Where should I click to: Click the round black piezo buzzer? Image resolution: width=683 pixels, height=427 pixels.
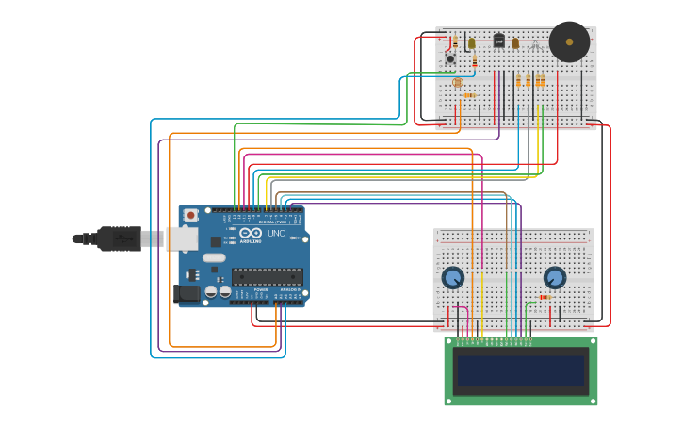point(569,41)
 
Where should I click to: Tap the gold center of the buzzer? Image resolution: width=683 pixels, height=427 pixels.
point(569,41)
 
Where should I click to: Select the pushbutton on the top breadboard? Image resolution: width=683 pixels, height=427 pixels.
point(450,59)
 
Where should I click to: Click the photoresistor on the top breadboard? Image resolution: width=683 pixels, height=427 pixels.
point(458,82)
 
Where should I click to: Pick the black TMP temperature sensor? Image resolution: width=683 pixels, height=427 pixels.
point(498,40)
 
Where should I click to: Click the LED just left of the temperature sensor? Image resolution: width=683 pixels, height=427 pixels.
point(472,42)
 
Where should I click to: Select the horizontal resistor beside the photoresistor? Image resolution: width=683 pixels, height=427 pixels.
point(468,95)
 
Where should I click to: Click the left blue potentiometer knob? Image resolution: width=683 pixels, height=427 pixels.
point(453,277)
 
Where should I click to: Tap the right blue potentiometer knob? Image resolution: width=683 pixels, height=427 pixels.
point(555,277)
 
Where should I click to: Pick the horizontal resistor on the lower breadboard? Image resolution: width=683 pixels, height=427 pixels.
point(546,298)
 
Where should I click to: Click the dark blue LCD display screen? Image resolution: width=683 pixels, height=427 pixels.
point(520,370)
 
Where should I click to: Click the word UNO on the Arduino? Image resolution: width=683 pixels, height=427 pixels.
point(276,233)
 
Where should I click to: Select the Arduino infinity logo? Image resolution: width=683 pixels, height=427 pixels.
point(251,233)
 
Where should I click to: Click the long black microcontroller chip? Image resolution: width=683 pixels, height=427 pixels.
point(267,276)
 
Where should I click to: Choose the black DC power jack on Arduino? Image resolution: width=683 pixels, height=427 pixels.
point(188,293)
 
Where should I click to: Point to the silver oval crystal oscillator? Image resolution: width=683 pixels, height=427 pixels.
point(214,256)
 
